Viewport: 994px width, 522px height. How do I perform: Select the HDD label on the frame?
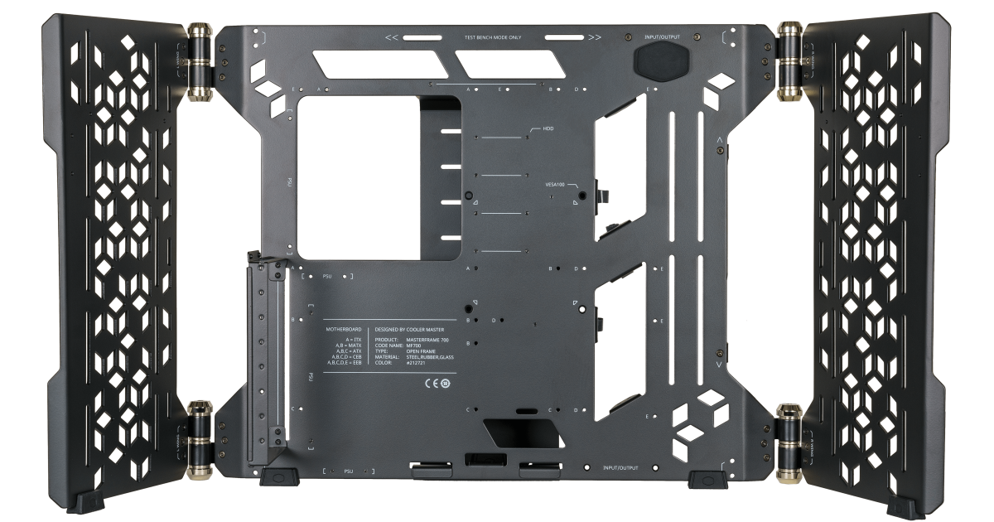[x=548, y=130]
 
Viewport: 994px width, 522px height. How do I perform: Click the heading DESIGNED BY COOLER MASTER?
[x=415, y=329]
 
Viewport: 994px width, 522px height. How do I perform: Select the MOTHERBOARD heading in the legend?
[x=344, y=329]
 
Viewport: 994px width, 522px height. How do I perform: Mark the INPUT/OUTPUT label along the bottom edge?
[x=620, y=468]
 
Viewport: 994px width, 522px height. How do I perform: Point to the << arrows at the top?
[x=393, y=38]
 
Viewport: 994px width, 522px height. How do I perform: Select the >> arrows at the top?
[x=595, y=38]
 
